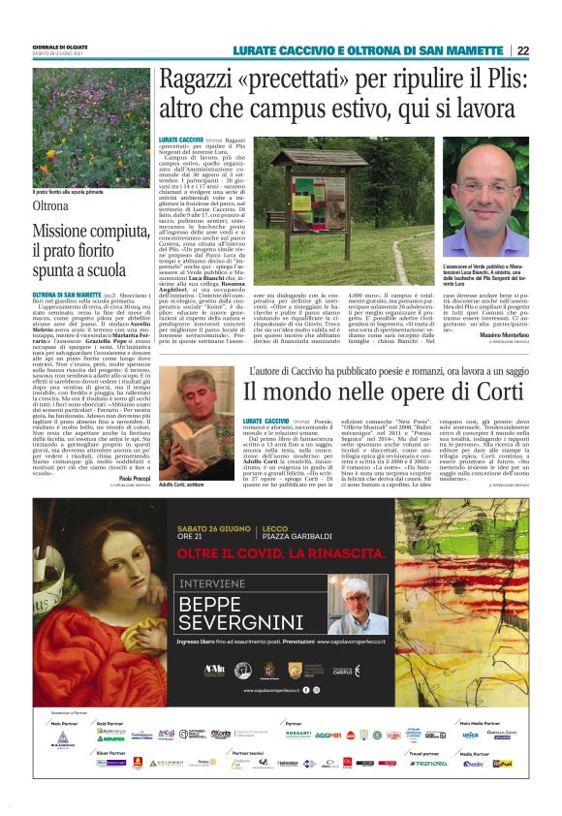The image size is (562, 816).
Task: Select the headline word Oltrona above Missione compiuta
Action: [x=51, y=206]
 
